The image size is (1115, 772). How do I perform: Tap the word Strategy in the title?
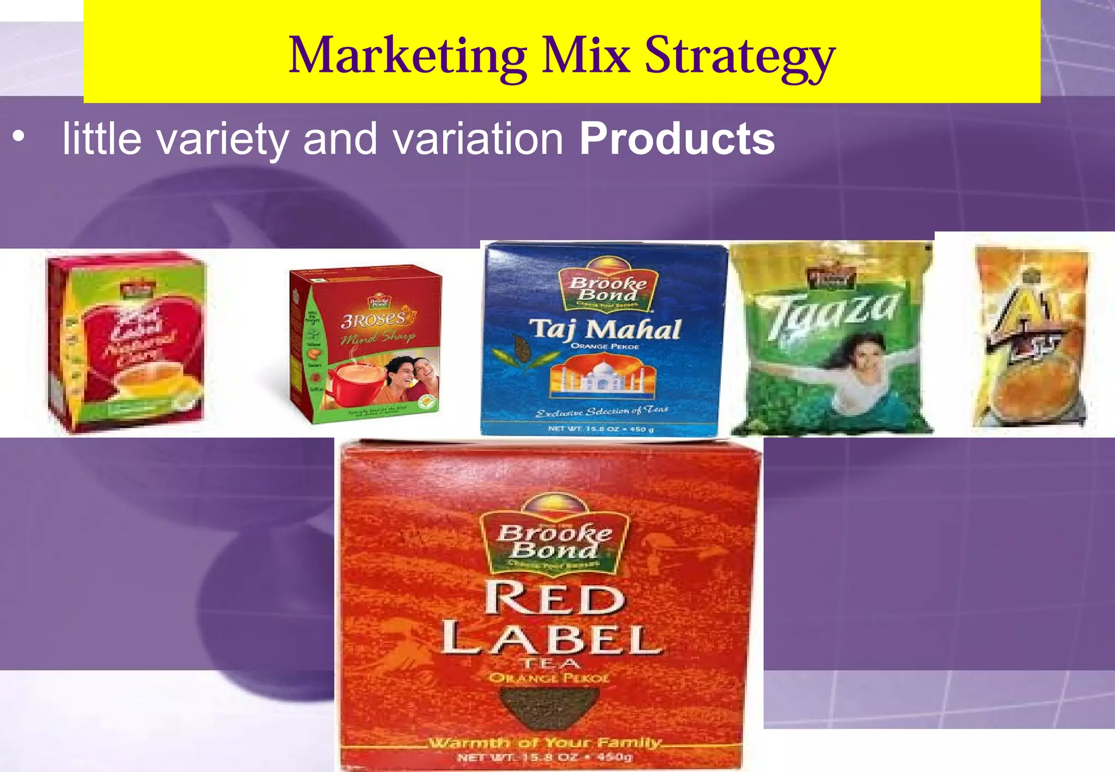739,57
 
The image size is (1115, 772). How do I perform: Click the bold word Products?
677,139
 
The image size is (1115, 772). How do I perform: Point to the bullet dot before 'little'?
19,138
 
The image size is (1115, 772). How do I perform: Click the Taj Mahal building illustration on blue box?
603,376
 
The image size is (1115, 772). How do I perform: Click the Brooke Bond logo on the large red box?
554,541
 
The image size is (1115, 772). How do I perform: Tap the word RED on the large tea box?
554,599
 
